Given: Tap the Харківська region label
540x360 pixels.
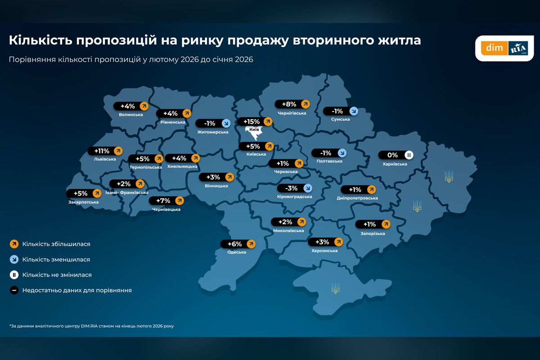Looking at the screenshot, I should click(x=395, y=164).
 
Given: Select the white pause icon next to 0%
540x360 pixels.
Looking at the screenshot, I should click(x=409, y=155).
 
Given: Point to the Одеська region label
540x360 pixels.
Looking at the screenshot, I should click(x=237, y=252).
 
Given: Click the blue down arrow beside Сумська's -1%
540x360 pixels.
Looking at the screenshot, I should click(x=354, y=111).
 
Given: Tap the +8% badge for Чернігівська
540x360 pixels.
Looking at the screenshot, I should click(x=292, y=104).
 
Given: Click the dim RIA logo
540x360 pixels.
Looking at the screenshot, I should click(x=504, y=48).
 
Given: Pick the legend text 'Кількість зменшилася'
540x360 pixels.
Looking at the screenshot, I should click(x=56, y=260).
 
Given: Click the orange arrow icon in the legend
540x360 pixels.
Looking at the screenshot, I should click(x=14, y=244).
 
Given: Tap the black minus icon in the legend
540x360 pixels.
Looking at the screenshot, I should click(x=14, y=290).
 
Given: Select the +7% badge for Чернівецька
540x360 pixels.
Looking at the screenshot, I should click(x=166, y=200).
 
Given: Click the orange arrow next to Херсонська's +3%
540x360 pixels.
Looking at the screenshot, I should click(x=338, y=242).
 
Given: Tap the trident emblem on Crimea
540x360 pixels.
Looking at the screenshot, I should click(x=335, y=288).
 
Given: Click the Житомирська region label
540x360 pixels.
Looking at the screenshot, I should click(x=213, y=132).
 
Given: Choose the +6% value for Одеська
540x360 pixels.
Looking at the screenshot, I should click(x=238, y=244).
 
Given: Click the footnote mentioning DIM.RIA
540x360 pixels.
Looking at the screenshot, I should click(x=91, y=326).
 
